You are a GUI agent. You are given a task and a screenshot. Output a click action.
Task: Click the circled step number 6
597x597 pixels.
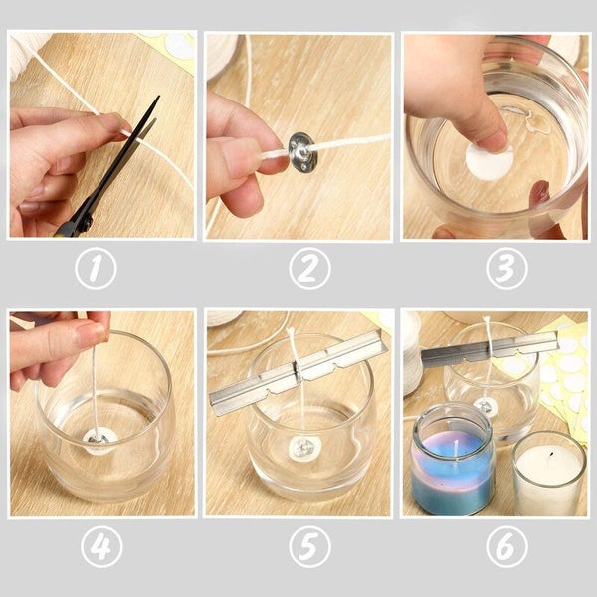504,546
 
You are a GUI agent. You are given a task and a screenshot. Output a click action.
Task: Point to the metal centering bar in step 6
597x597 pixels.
488,349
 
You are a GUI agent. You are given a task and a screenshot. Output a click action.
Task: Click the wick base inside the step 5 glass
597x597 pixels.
303,449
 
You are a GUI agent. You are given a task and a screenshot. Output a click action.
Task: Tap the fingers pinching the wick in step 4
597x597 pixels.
80,338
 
